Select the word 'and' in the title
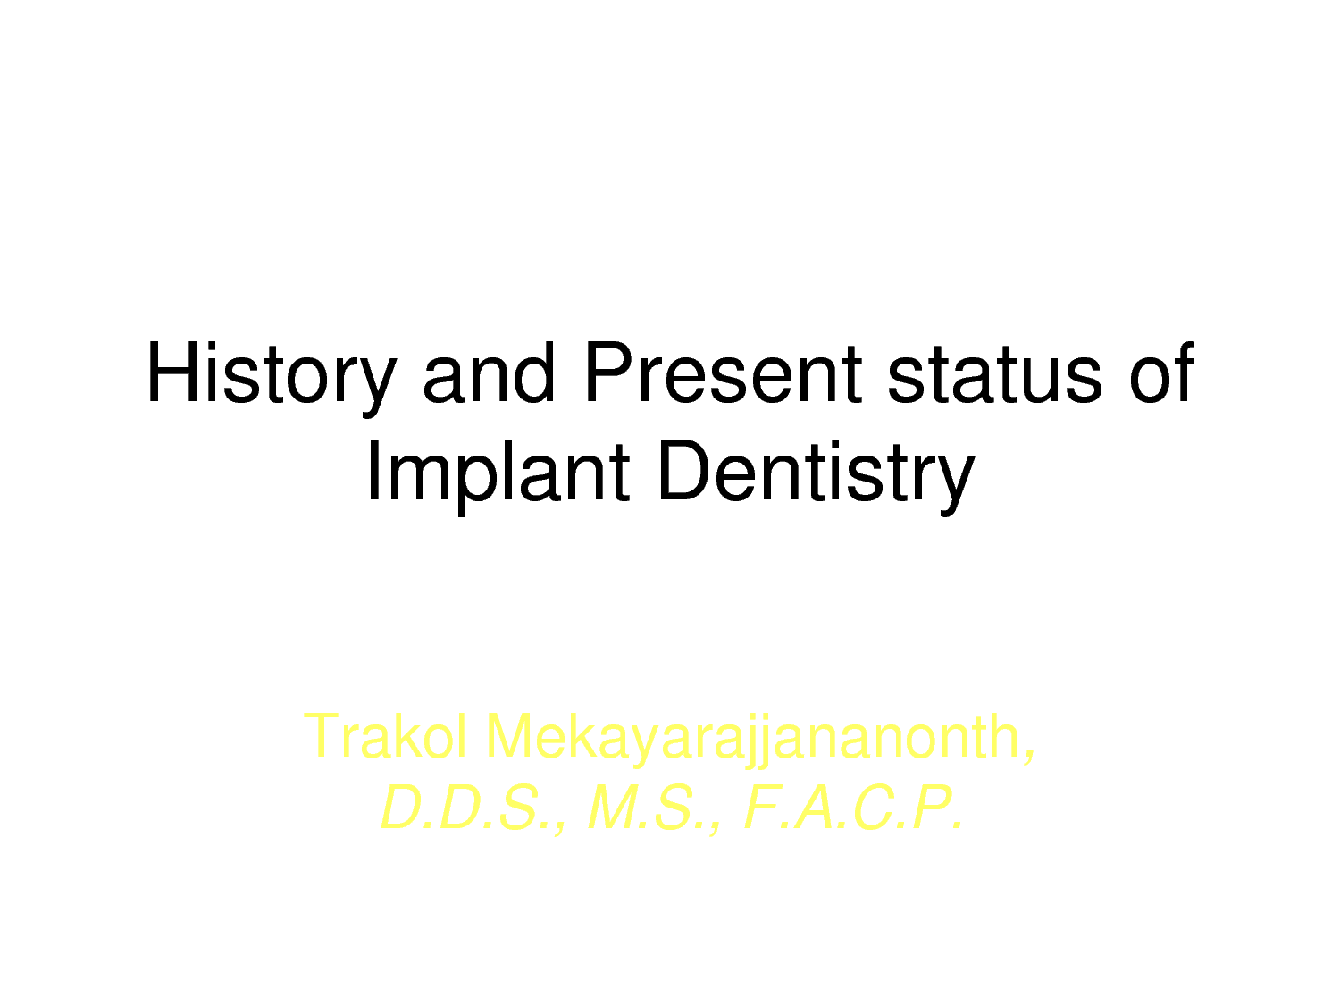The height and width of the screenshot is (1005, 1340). click(x=489, y=373)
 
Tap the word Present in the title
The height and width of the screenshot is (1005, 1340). click(x=724, y=373)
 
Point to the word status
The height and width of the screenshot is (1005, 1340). click(x=994, y=374)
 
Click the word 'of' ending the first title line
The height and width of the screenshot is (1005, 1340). click(x=1161, y=373)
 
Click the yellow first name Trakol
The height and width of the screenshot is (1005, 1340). click(x=385, y=736)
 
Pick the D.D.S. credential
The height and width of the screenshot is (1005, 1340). click(x=473, y=808)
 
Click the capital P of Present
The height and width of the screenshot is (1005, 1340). click(x=608, y=373)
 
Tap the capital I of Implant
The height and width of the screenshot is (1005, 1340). click(x=373, y=471)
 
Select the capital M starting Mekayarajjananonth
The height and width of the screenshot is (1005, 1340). click(x=508, y=736)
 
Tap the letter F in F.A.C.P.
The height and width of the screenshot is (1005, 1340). click(x=764, y=808)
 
